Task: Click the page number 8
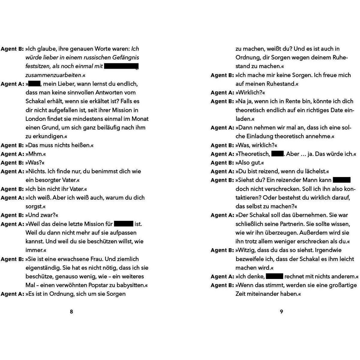pyautogui.click(x=71, y=311)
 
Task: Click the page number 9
pyautogui.click(x=281, y=311)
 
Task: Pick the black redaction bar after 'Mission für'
pyautogui.click(x=124, y=224)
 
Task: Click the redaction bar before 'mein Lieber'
pyautogui.click(x=34, y=84)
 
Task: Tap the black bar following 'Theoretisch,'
pyautogui.click(x=277, y=154)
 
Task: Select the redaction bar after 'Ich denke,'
pyautogui.click(x=274, y=276)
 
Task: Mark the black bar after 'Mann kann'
pyautogui.click(x=342, y=180)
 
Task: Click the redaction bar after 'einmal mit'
pyautogui.click(x=121, y=66)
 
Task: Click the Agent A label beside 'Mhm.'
pyautogui.click(x=12, y=154)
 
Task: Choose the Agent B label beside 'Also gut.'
pyautogui.click(x=222, y=163)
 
